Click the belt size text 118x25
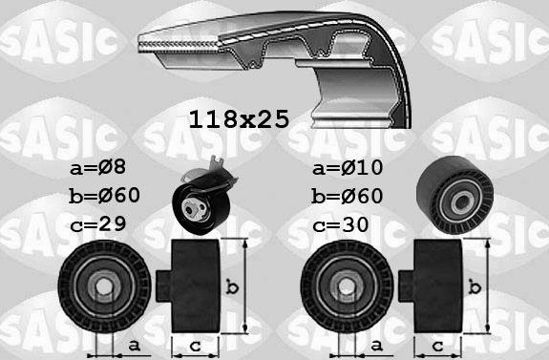point(239,119)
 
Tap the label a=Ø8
point(97,167)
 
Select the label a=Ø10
point(348,167)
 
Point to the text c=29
point(97,223)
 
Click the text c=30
point(340,224)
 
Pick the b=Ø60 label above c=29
point(105,196)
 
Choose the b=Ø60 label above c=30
point(347,196)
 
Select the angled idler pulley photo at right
point(454,195)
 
